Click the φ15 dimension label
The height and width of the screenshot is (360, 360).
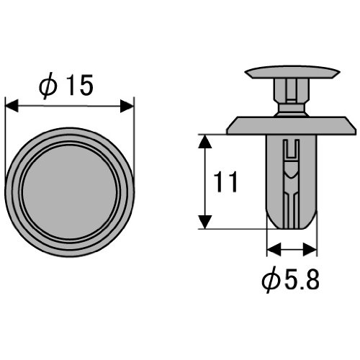point(66,85)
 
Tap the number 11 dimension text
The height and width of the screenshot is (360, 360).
point(225,181)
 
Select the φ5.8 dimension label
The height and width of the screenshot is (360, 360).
point(291,280)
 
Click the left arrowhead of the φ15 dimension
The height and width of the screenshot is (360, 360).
point(12,106)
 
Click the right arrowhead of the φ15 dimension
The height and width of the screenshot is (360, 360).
point(127,107)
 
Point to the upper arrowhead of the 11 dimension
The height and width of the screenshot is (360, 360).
point(204,141)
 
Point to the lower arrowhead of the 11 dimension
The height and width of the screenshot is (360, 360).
point(204,222)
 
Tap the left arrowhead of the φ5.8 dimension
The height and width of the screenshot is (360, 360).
point(274,249)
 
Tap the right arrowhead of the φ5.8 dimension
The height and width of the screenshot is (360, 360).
point(310,249)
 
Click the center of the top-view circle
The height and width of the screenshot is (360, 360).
point(70,192)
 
